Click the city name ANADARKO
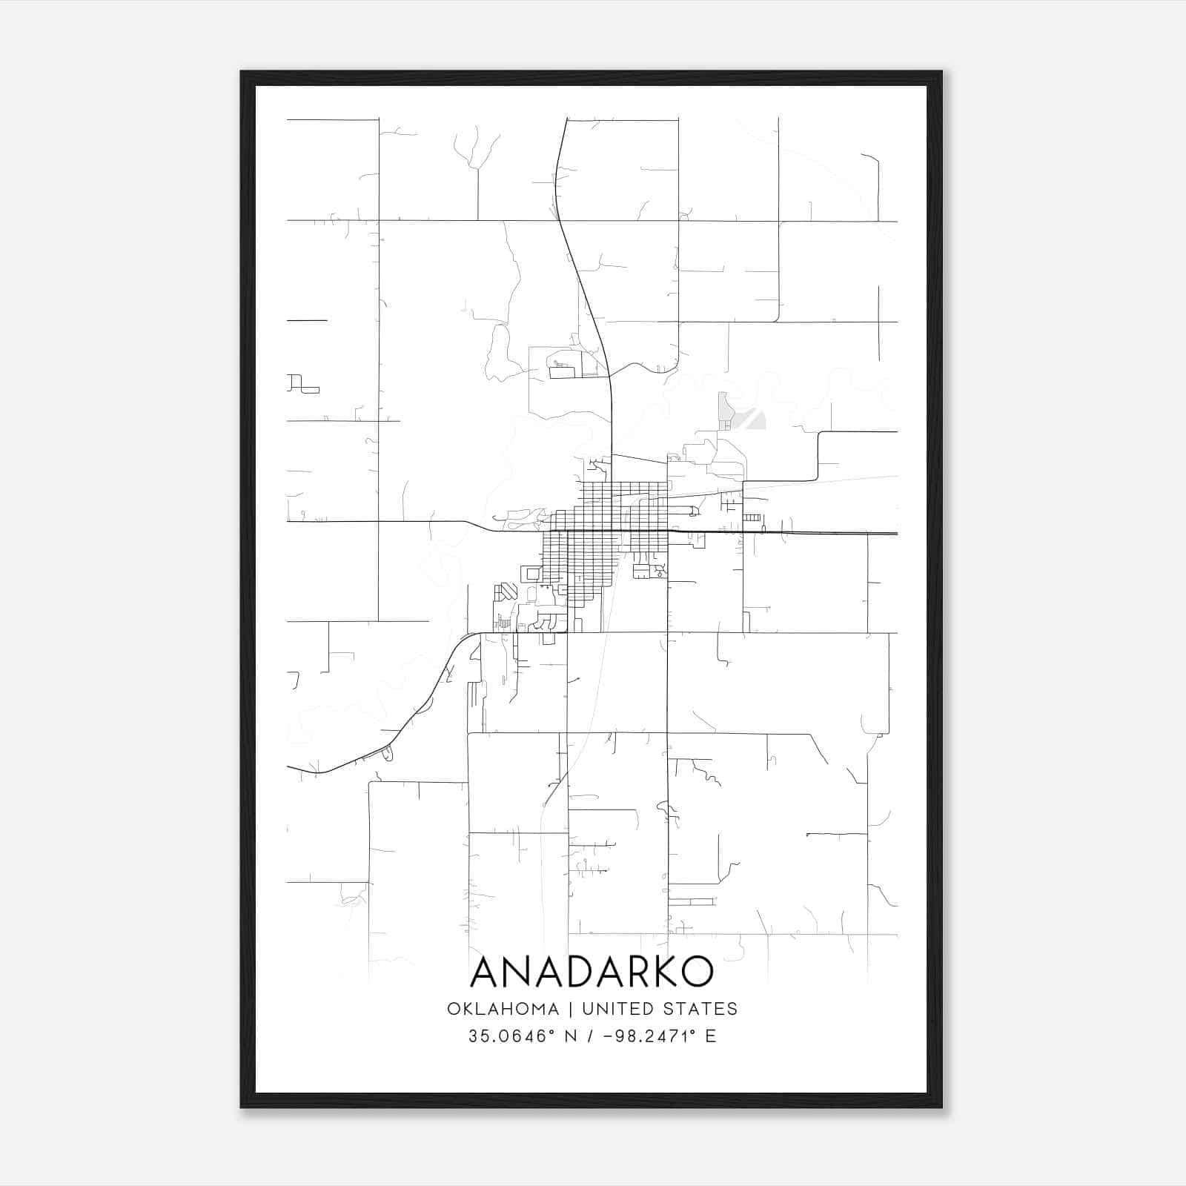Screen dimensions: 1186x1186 point(592,972)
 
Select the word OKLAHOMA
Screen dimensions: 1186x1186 point(503,1009)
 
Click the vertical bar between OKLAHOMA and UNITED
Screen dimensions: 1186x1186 point(571,1009)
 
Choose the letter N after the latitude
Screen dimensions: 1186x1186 point(571,1036)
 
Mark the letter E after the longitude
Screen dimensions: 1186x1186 point(711,1036)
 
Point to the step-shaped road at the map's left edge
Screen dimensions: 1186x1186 point(302,384)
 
